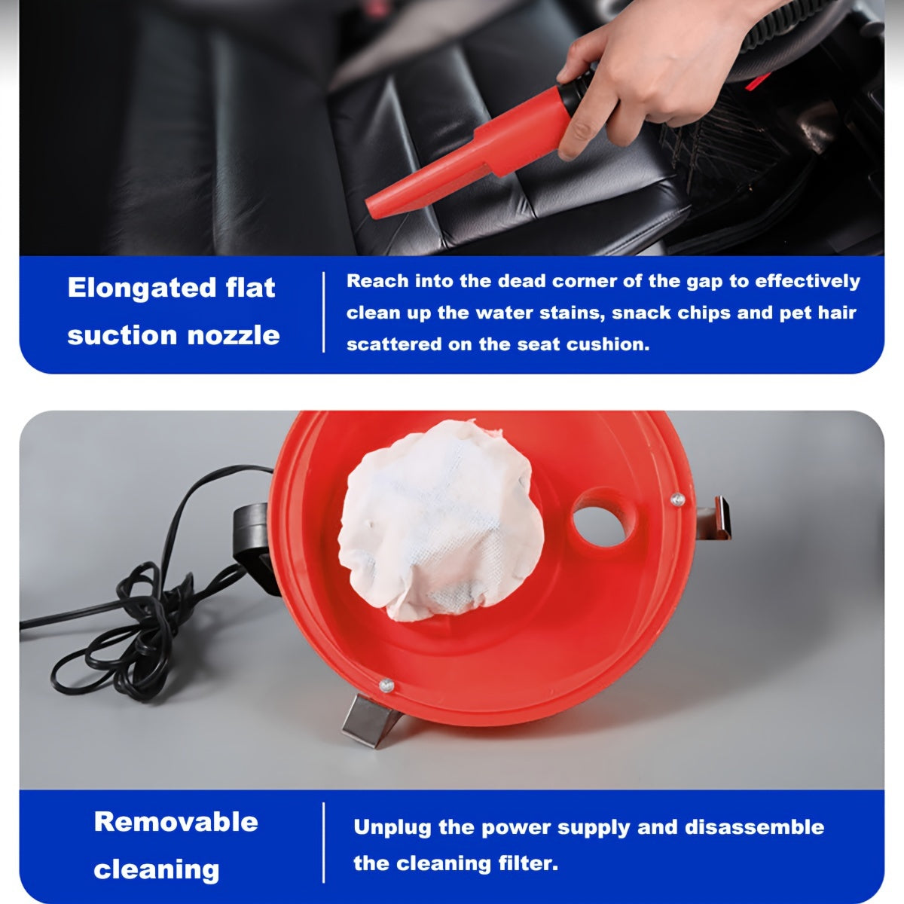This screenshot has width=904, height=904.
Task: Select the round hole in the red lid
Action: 600,518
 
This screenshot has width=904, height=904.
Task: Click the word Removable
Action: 176,821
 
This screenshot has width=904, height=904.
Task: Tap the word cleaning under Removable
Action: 156,869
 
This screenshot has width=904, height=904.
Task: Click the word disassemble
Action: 754,827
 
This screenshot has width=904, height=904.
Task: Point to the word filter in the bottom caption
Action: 528,863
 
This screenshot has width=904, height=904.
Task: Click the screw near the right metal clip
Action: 676,497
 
